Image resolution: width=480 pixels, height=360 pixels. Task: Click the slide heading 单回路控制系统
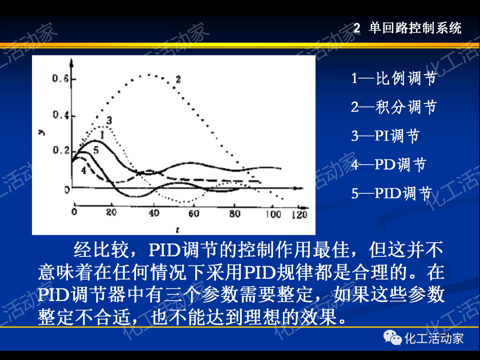(x=415, y=28)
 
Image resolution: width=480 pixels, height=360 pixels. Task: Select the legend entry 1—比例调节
(x=394, y=79)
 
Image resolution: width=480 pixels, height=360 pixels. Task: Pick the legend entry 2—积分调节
(x=394, y=107)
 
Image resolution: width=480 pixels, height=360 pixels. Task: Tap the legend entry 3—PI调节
(x=385, y=136)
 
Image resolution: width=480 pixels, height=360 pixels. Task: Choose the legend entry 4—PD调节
(x=388, y=164)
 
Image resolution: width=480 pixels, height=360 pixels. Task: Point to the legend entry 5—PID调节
(x=392, y=193)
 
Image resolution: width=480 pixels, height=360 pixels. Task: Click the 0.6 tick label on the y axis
(x=60, y=80)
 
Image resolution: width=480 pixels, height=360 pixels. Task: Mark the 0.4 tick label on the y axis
(x=60, y=116)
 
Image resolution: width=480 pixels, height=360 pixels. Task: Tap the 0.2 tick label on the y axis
(x=60, y=151)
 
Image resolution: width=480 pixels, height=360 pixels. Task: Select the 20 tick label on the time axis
(x=111, y=213)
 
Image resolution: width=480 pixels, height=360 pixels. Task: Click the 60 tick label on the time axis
(x=194, y=214)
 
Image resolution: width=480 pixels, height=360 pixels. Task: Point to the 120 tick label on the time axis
(x=300, y=215)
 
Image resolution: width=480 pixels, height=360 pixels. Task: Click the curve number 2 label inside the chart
(x=178, y=80)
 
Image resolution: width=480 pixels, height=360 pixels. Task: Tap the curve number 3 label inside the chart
(x=109, y=120)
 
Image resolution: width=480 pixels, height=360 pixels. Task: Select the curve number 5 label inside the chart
(x=96, y=151)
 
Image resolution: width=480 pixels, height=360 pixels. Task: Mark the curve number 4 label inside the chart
(x=83, y=171)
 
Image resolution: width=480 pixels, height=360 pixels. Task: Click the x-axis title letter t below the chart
(x=177, y=229)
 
